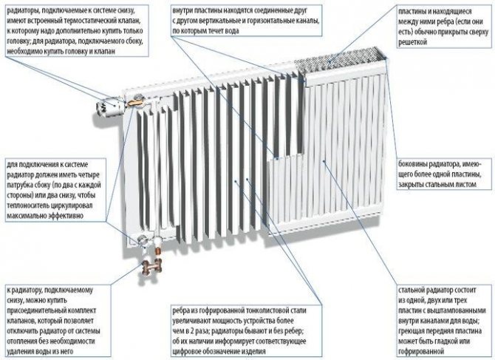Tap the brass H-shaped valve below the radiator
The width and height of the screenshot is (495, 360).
click(152, 268)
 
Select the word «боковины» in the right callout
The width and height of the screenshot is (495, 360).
click(412, 164)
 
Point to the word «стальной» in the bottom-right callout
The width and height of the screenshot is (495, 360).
click(412, 291)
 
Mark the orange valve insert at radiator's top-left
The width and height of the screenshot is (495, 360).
click(135, 102)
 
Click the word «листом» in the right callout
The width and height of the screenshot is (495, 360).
click(465, 184)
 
